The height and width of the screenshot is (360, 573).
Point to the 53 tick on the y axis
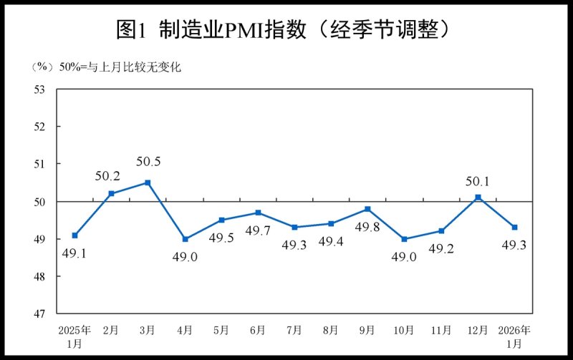[x=39, y=89]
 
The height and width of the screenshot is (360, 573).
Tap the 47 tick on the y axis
[x=39, y=313]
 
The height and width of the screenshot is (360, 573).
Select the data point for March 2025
[x=148, y=183]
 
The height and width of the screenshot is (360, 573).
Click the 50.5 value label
[x=148, y=162]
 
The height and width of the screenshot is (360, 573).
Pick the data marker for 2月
[x=111, y=193]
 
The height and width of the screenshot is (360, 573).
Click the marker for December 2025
[x=478, y=198]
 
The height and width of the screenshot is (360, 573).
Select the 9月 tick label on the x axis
[x=367, y=330]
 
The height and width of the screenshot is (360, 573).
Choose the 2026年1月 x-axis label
[x=515, y=336]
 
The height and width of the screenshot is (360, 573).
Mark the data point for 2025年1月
[x=74, y=235]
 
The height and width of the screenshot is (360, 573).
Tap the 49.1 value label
[x=74, y=253]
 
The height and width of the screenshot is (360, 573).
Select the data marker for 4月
[x=184, y=239]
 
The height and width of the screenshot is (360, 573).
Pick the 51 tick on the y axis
[x=39, y=164]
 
